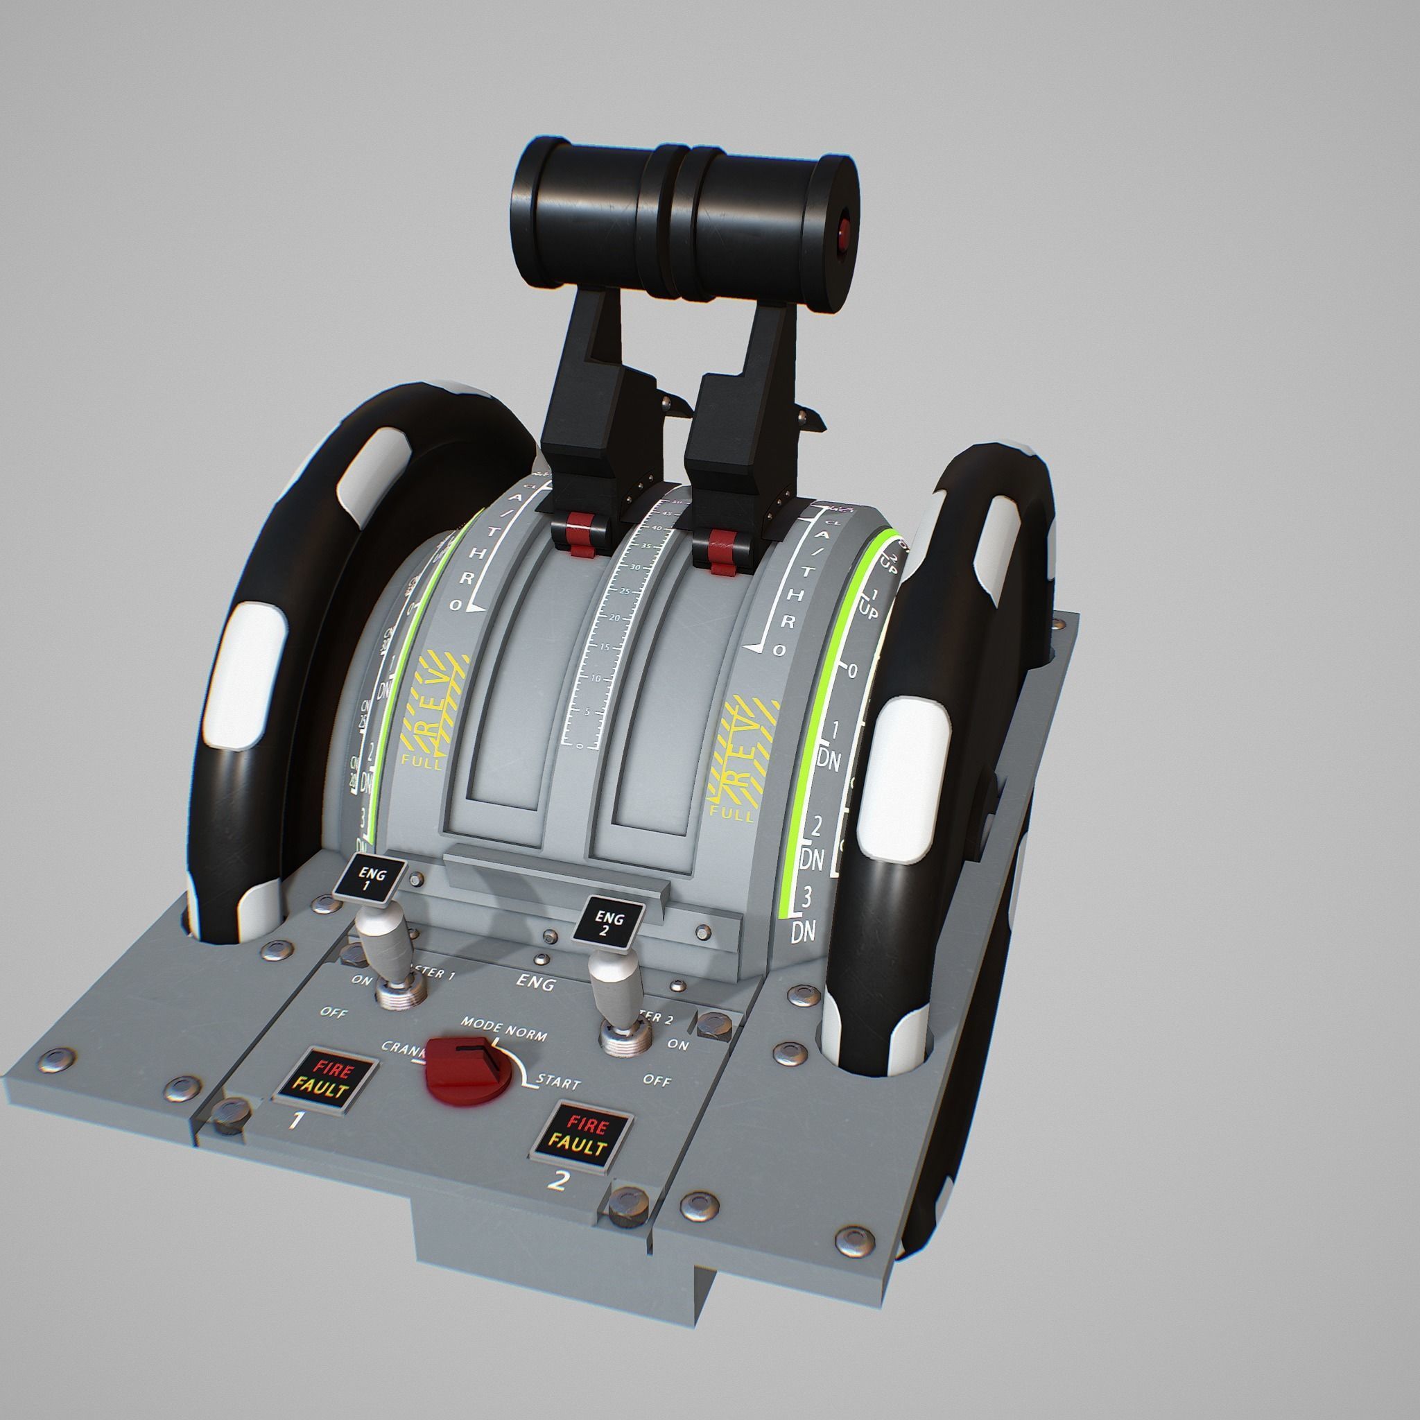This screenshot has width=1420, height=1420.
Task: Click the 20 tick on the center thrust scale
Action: (x=605, y=616)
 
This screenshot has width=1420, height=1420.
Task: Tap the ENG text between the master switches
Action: (x=535, y=983)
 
